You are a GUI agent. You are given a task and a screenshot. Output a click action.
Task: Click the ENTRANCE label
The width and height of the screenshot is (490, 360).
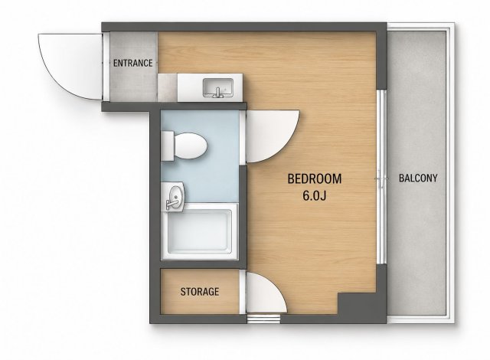[132, 63]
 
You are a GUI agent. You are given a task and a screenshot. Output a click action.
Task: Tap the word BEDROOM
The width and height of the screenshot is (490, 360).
[315, 178]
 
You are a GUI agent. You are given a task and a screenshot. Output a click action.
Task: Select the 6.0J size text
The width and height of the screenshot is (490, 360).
[315, 195]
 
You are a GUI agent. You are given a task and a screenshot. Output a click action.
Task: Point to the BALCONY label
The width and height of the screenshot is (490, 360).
[418, 178]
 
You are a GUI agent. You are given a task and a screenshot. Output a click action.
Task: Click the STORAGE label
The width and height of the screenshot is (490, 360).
[200, 292]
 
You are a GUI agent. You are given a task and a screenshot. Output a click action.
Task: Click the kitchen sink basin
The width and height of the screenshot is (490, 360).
[218, 87]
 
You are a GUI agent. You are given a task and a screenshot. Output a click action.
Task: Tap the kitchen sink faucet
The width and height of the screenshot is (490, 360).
[217, 93]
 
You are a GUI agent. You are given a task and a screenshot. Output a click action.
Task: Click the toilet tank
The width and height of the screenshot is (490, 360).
[168, 146]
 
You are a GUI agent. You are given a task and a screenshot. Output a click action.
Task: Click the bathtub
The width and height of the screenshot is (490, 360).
[200, 231]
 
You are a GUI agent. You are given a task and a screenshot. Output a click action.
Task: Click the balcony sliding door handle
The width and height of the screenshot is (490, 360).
[381, 179]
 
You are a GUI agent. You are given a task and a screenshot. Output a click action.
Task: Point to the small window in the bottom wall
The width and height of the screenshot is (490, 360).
[263, 319]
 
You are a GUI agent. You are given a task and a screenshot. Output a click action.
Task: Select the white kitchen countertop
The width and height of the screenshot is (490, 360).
[210, 87]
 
